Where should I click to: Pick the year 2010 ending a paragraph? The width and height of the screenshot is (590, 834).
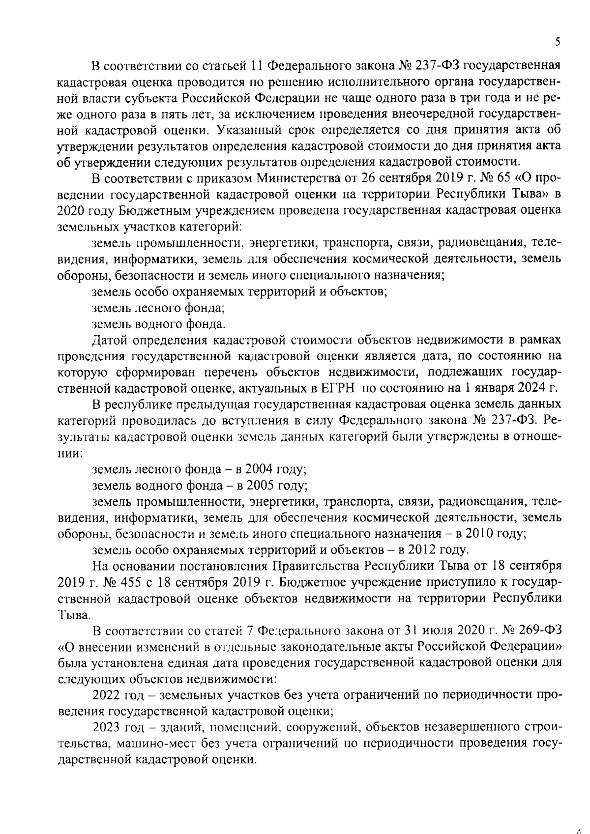point(473,534)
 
